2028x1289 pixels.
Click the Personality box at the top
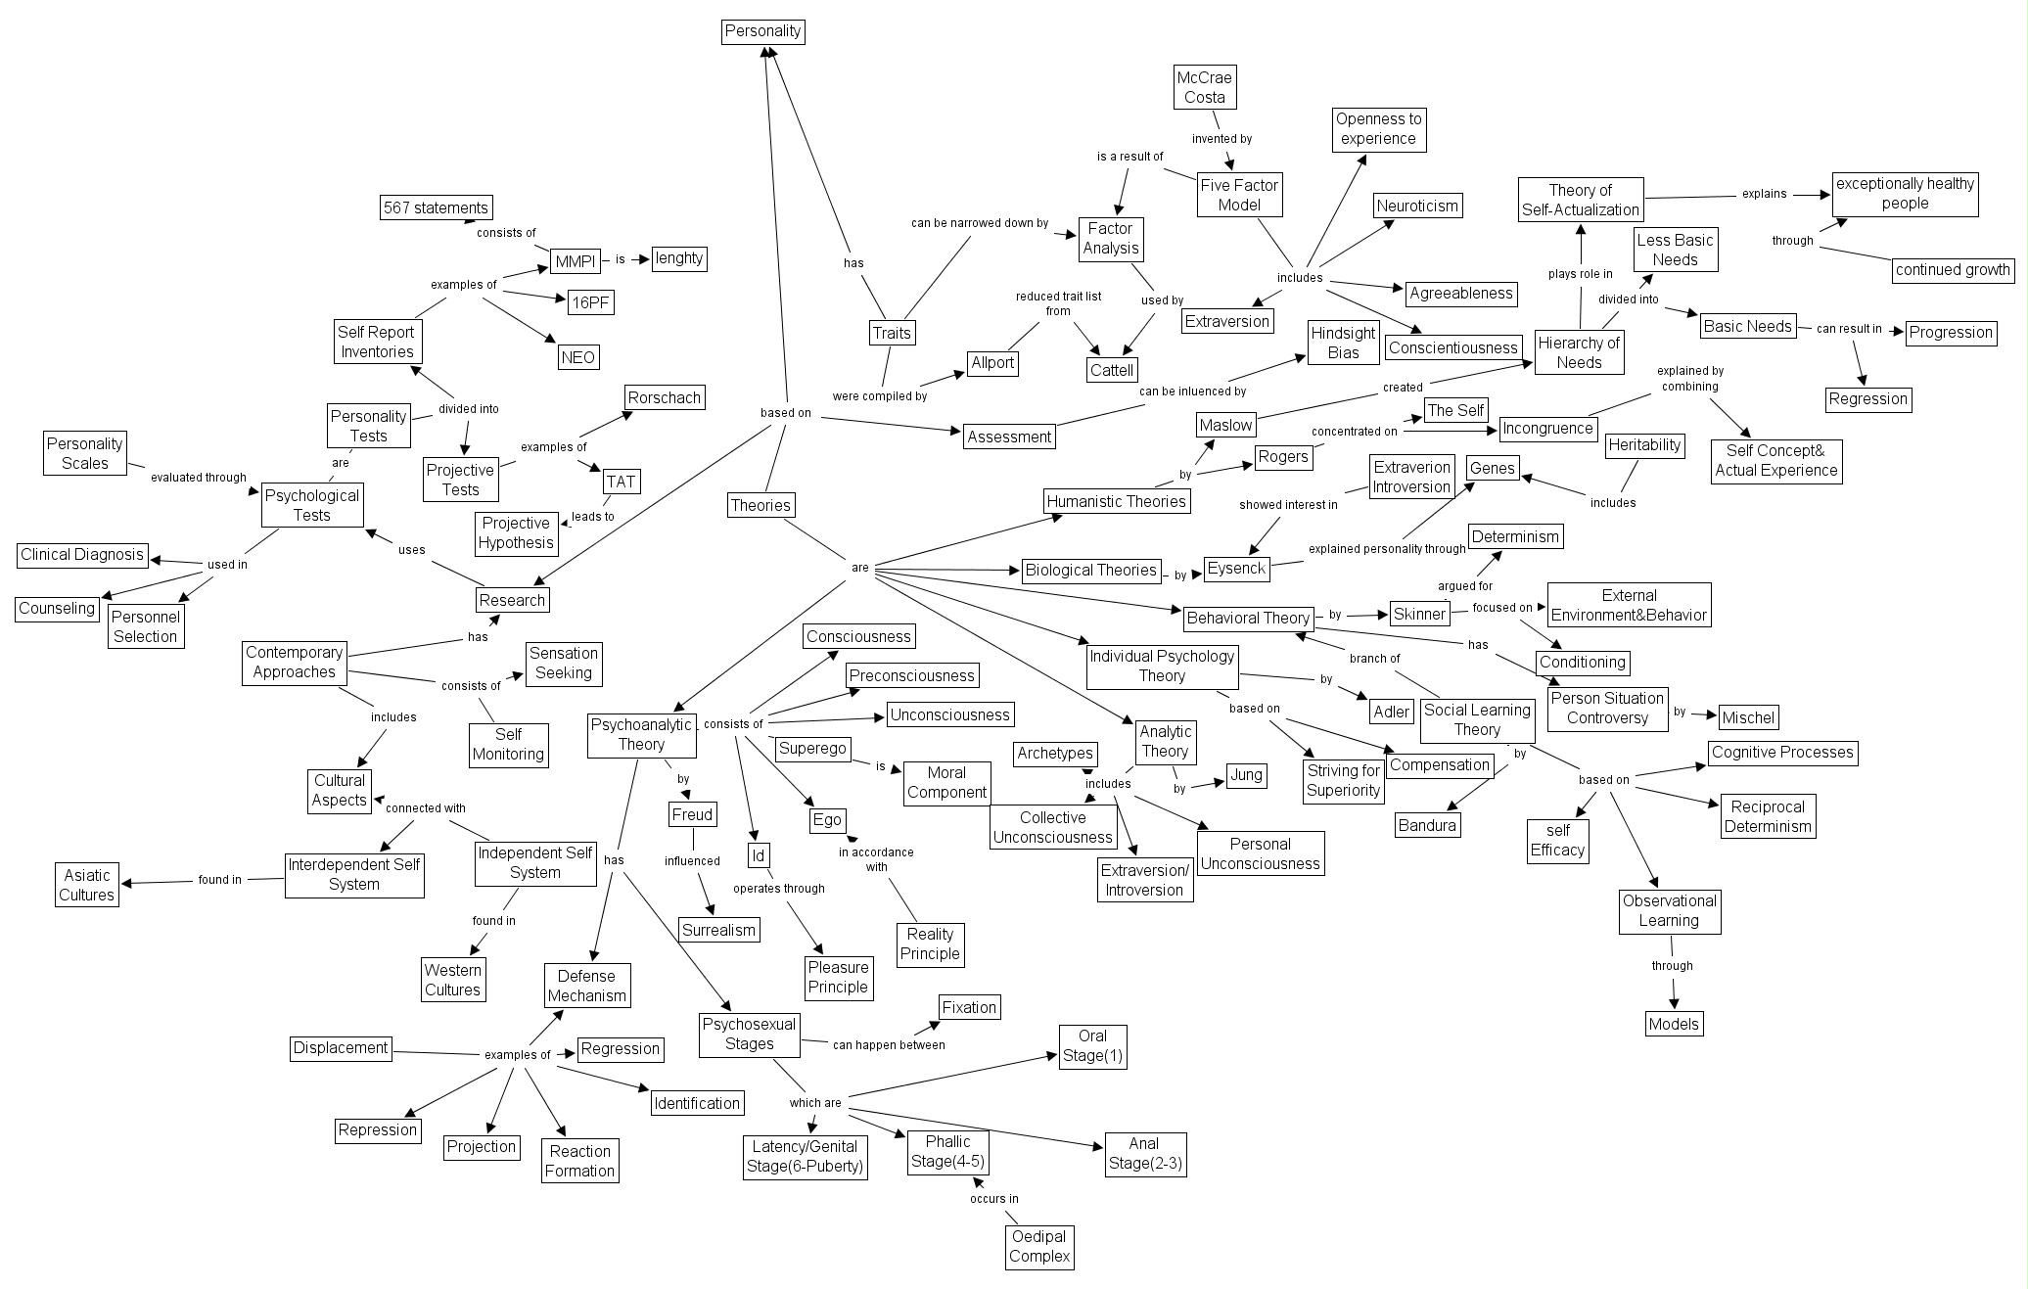tap(762, 31)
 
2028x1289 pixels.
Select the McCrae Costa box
tap(1204, 87)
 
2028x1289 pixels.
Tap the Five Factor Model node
tap(1239, 195)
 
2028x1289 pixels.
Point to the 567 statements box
tap(436, 207)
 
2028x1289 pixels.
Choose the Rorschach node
tap(665, 398)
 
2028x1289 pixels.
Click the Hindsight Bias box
tap(1344, 343)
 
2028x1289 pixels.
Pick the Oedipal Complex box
tap(1039, 1246)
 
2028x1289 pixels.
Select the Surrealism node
tap(719, 930)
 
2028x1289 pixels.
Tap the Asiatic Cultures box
tap(87, 885)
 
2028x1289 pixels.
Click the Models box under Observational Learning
tap(1674, 1025)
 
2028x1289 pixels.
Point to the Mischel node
tap(1748, 717)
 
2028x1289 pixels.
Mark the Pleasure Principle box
tap(838, 977)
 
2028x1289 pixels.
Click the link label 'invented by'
tap(1221, 139)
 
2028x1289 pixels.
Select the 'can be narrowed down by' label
tap(980, 223)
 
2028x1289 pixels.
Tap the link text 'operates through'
tap(779, 889)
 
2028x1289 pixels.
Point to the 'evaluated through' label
tap(199, 478)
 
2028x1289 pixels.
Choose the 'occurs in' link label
tap(994, 1199)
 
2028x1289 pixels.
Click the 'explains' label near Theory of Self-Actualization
tap(1765, 194)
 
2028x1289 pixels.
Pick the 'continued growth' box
tap(1953, 270)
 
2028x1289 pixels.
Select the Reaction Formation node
tap(579, 1161)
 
